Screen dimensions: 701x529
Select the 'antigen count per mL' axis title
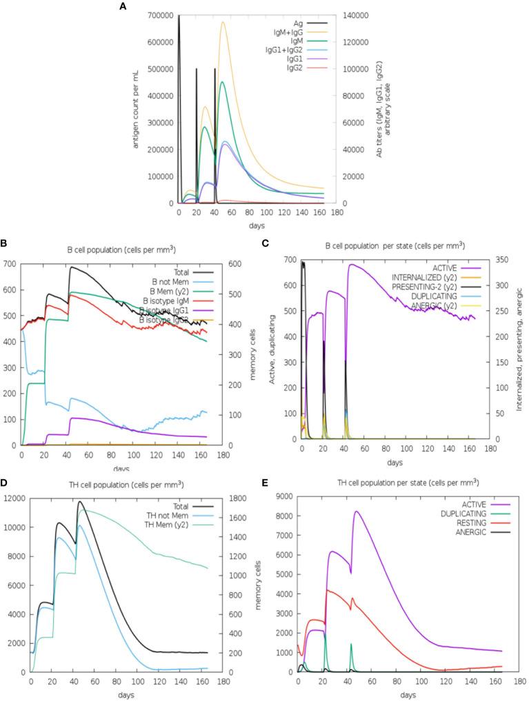pos(127,109)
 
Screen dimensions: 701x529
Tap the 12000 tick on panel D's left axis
pos(16,498)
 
